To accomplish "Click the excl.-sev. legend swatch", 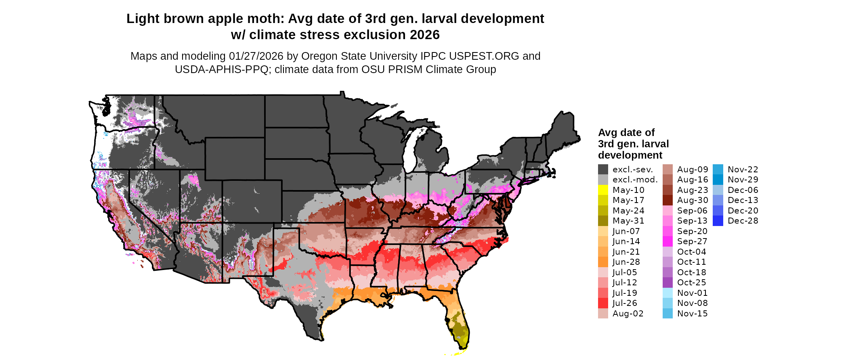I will tap(603, 170).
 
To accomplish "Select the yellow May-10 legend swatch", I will tap(603, 190).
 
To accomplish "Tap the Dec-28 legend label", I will tap(743, 221).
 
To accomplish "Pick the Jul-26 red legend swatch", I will tap(603, 303).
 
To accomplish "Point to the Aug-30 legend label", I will tap(692, 200).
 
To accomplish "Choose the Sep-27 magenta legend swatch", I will tap(667, 241).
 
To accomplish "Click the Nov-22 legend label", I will tap(743, 170).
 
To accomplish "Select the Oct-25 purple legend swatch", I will tap(667, 283).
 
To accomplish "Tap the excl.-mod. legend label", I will tap(635, 180).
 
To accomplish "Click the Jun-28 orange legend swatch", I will tap(603, 262).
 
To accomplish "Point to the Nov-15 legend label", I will tap(692, 314).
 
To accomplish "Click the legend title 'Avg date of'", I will tap(626, 133).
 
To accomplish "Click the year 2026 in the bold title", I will tap(424, 35).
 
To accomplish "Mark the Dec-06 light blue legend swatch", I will tap(718, 190).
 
